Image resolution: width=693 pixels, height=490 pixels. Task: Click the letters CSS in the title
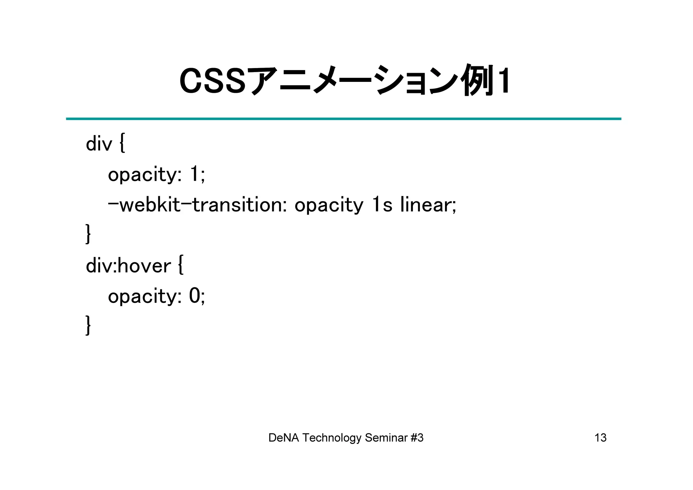click(212, 82)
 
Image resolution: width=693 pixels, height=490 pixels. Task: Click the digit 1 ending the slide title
click(504, 81)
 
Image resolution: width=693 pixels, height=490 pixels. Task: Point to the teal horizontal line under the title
click(343, 119)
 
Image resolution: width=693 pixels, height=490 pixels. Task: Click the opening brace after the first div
click(122, 143)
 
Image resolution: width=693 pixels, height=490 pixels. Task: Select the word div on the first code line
click(99, 143)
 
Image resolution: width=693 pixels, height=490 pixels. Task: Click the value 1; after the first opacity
click(197, 174)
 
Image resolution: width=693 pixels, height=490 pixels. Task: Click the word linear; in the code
click(428, 205)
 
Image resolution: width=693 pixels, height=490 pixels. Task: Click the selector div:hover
click(128, 266)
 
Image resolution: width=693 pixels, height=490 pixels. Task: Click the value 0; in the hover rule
click(197, 296)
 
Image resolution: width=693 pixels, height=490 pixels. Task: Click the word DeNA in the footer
click(283, 438)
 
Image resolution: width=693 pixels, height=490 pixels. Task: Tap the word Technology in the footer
click(332, 438)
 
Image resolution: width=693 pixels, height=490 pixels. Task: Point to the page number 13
click(600, 438)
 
